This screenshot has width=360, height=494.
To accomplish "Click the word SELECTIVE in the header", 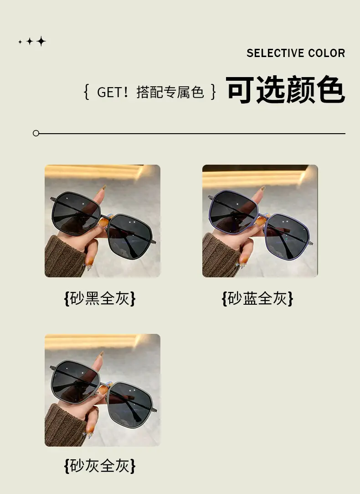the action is [275, 53].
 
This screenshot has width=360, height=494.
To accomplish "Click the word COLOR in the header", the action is [327, 53].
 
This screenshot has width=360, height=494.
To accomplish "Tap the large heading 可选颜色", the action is [285, 90].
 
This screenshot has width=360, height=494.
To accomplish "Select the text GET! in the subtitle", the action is [113, 92].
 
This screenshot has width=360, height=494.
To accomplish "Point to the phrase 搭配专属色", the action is [170, 92].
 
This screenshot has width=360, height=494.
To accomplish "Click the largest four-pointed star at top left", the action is [41, 41].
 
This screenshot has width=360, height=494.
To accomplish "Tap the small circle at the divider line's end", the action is [36, 133].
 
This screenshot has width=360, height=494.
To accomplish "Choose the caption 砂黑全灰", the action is [100, 298].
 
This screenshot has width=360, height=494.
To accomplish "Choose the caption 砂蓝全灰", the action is [257, 298].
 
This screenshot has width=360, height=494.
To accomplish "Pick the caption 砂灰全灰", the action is [100, 466].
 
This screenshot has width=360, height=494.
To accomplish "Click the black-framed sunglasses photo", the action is [103, 221].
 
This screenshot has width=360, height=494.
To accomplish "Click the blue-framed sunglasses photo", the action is [260, 221].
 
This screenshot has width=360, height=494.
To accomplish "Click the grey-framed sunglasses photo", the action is [103, 390].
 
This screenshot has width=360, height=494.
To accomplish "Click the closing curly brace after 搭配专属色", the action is [214, 92].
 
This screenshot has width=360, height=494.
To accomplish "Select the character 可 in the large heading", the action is [240, 90].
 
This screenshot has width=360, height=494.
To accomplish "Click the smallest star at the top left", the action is [20, 42].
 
